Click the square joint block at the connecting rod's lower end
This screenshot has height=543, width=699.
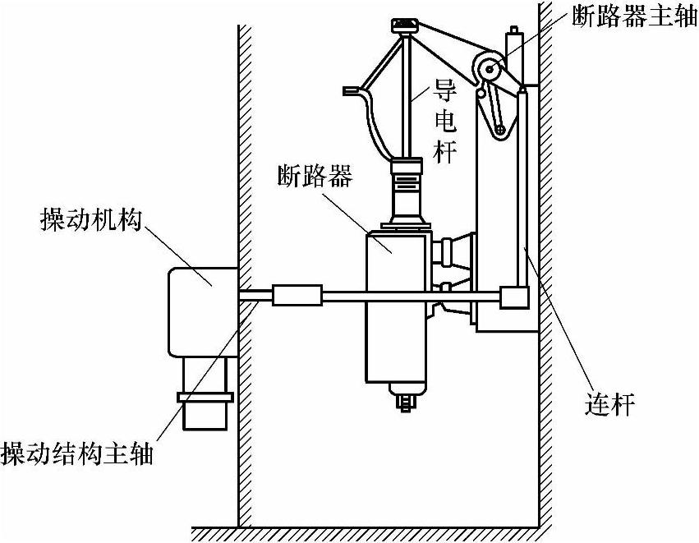point(514,297)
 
